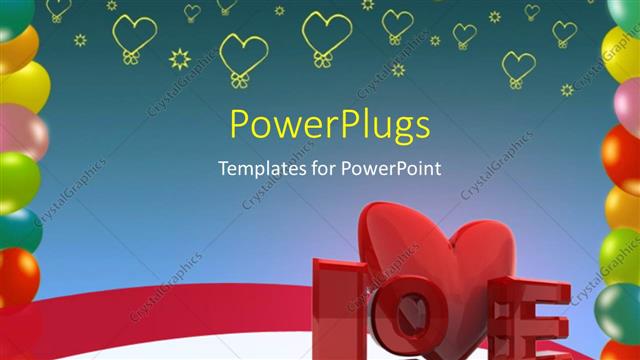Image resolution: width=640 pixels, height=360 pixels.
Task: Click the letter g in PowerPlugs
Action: pos(400,130)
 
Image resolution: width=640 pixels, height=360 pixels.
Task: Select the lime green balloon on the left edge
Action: pos(17,180)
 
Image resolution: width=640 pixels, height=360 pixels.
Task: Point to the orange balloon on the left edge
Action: pos(15,46)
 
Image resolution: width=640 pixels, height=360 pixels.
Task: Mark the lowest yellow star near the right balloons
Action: pos(567,90)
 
